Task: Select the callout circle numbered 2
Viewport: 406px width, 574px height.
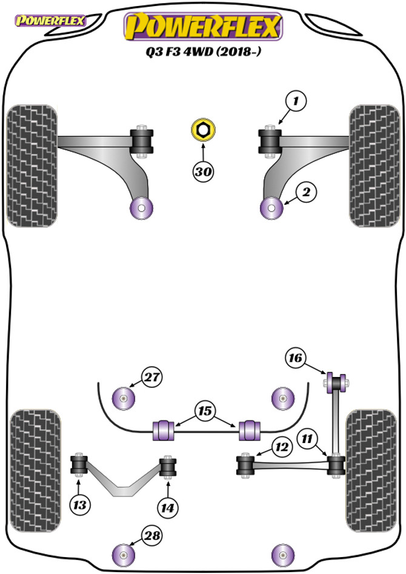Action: coord(306,193)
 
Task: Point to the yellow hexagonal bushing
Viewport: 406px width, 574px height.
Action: coord(202,129)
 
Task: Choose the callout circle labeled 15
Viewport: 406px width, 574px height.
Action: coord(205,412)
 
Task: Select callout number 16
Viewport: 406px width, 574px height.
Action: coord(295,359)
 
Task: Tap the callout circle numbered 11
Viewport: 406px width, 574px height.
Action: coord(308,436)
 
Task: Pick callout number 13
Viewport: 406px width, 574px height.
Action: coord(80,504)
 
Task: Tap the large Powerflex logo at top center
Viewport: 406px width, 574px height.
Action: coord(203,27)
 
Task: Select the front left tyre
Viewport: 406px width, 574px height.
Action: coord(31,165)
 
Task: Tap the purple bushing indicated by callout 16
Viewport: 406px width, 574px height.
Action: coord(336,382)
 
